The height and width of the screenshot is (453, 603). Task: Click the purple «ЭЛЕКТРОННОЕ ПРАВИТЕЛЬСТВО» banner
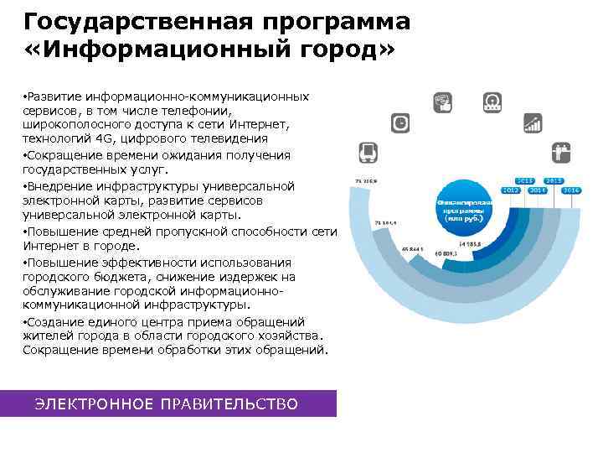click(x=167, y=404)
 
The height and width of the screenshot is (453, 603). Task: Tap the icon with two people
click(x=560, y=154)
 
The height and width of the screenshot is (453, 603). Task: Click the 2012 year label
click(x=511, y=190)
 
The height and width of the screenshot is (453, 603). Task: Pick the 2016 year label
click(x=572, y=190)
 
